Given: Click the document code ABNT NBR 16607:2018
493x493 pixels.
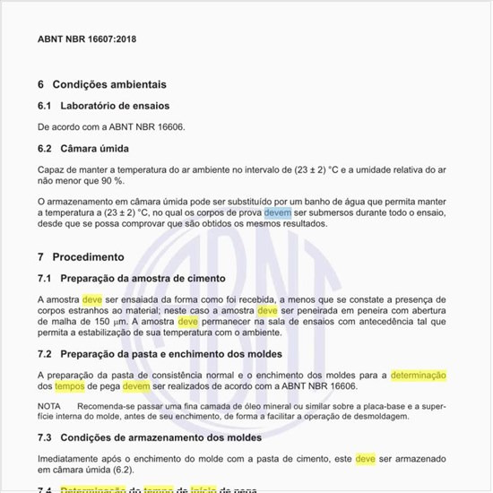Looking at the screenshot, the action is (87, 40).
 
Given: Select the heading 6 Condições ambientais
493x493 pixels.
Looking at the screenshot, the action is (101, 84).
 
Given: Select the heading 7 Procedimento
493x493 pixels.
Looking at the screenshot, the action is (81, 256).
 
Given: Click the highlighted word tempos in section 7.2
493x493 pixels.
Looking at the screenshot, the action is (70, 386).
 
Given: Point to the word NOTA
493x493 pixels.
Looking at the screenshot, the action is (49, 406).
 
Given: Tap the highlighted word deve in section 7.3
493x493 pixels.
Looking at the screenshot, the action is (365, 458).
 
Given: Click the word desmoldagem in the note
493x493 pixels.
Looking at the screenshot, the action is (380, 417).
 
